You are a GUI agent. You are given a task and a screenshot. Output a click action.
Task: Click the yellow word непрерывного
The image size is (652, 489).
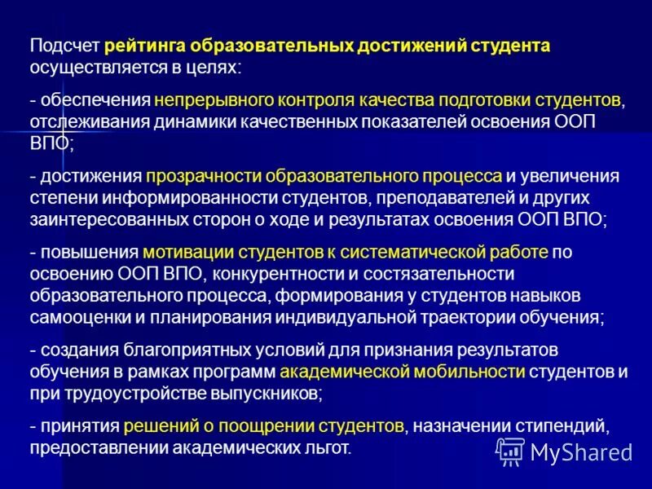(x=209, y=100)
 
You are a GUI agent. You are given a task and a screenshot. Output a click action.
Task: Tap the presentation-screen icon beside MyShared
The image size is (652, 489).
(x=510, y=452)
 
